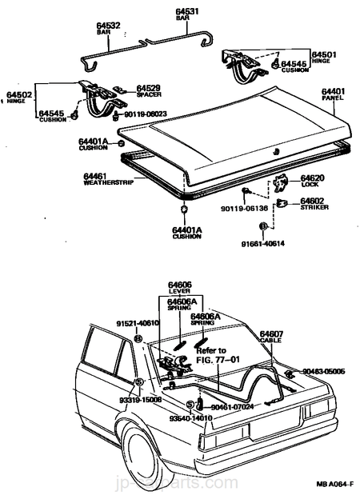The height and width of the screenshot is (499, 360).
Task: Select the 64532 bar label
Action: [109, 26]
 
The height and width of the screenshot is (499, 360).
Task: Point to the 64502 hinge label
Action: [20, 96]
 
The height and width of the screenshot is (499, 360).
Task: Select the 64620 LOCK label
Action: [312, 179]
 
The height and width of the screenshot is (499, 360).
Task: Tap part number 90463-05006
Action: [322, 371]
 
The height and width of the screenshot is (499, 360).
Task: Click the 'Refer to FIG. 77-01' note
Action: [211, 355]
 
